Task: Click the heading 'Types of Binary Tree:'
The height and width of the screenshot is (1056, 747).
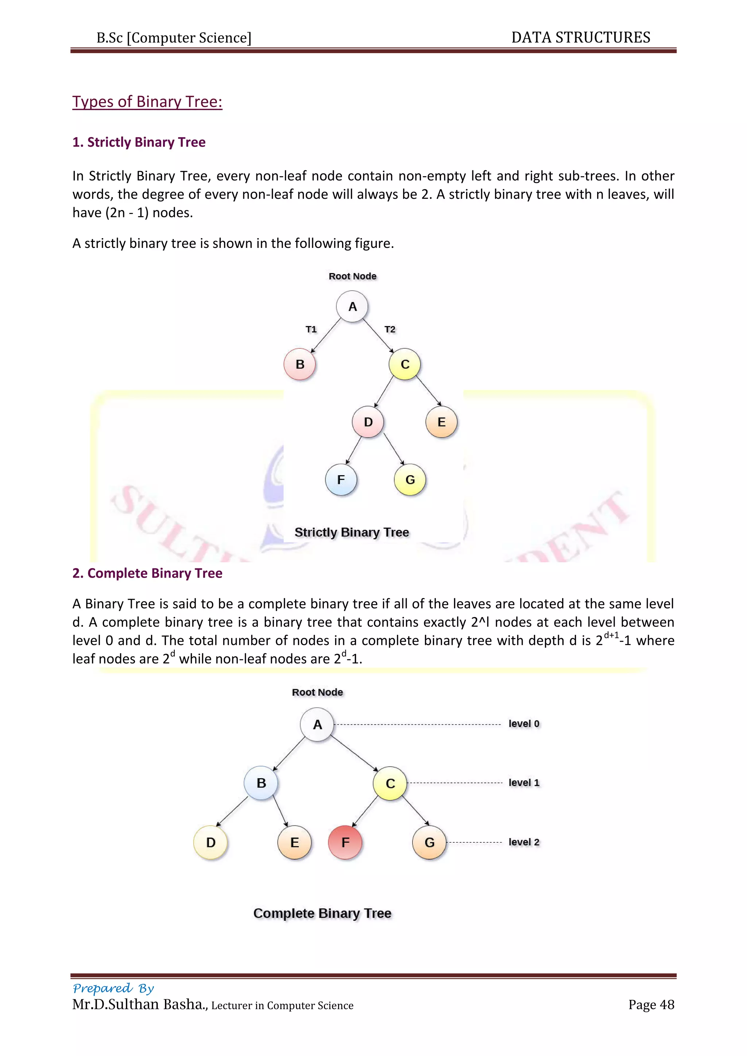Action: (x=147, y=102)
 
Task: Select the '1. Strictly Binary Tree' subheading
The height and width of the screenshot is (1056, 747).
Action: (x=139, y=142)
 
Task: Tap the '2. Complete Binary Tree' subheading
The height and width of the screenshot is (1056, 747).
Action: (x=147, y=573)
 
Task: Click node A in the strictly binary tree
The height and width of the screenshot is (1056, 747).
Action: (x=352, y=306)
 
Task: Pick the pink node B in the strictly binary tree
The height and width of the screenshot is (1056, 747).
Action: (x=300, y=364)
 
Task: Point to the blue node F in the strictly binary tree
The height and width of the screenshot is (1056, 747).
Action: (x=341, y=480)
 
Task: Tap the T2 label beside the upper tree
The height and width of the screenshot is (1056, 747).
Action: (x=390, y=329)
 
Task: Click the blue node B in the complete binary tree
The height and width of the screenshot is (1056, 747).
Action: (x=261, y=783)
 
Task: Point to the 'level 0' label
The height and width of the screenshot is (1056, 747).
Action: (x=524, y=723)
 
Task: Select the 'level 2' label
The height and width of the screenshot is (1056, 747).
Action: (x=524, y=842)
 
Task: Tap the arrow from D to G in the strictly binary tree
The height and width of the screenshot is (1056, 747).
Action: (x=394, y=449)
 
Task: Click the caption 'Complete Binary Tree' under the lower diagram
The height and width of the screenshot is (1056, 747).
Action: (x=322, y=913)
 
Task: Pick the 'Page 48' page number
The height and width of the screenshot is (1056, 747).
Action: (x=651, y=1005)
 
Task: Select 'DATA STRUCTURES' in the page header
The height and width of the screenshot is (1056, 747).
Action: (x=580, y=37)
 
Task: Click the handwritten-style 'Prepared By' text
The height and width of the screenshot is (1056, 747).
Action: (x=113, y=989)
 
